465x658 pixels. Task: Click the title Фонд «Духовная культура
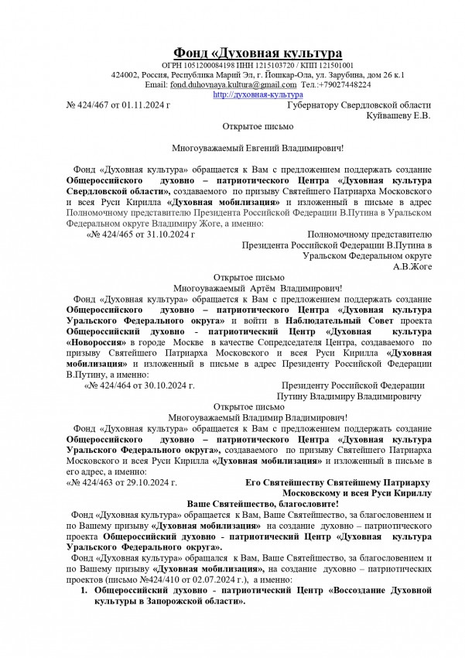point(257,53)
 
